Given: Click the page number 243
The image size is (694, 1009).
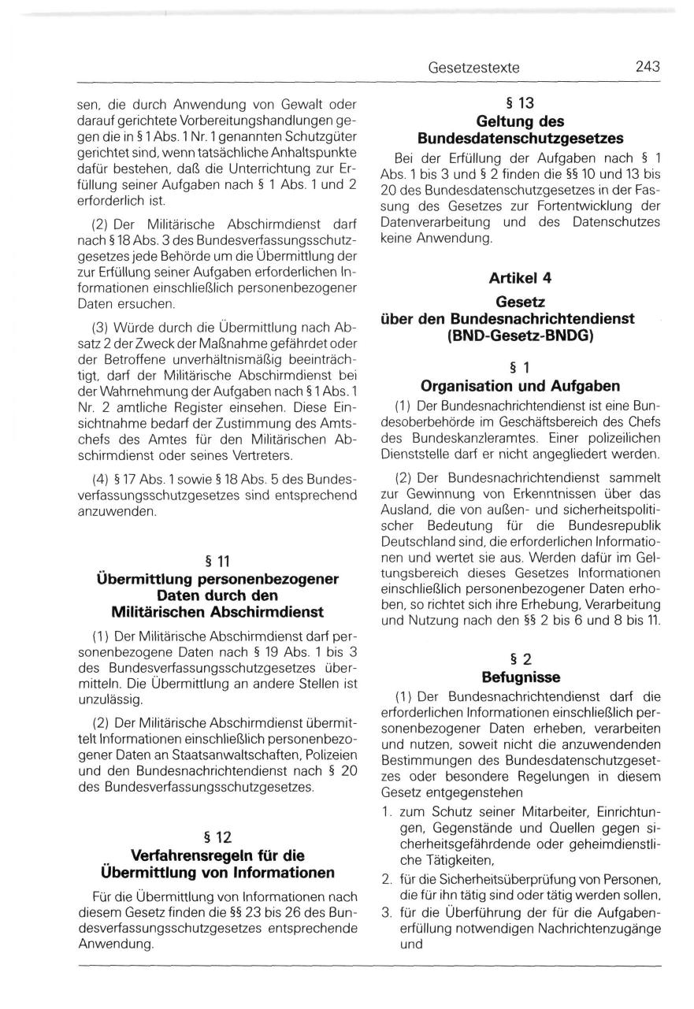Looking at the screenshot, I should pyautogui.click(x=647, y=68).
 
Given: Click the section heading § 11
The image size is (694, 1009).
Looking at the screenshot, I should pyautogui.click(x=217, y=561).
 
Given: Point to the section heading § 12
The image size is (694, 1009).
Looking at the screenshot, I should pyautogui.click(x=217, y=837).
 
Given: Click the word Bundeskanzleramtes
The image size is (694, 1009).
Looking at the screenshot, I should pyautogui.click(x=488, y=436).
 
